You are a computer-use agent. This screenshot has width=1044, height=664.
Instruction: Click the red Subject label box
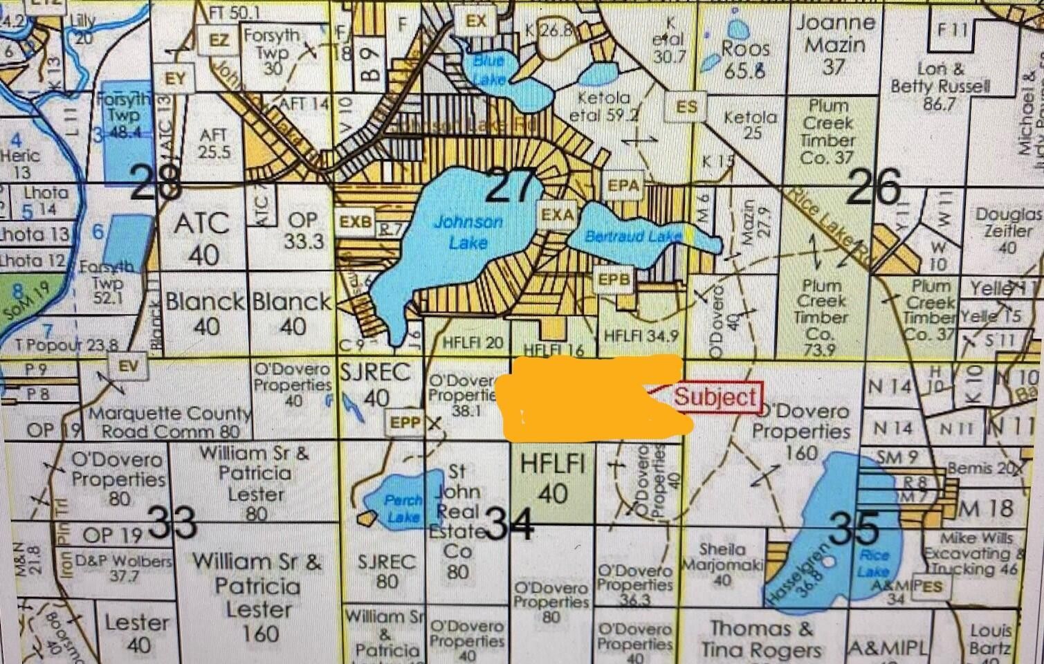(x=715, y=397)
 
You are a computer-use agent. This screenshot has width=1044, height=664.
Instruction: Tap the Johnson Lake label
(x=468, y=232)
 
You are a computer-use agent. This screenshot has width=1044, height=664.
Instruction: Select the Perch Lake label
(x=403, y=508)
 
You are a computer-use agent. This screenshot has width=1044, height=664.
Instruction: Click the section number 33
(x=173, y=522)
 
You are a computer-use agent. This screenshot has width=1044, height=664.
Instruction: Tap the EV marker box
(x=128, y=366)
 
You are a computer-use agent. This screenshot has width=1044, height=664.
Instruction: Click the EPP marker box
(x=405, y=421)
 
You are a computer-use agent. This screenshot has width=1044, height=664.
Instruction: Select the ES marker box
(x=686, y=107)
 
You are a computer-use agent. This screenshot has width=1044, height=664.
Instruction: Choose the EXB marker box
(x=355, y=222)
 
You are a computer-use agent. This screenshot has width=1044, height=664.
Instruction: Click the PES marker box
(x=931, y=586)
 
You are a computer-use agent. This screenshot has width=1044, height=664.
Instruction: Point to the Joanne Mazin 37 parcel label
(x=835, y=44)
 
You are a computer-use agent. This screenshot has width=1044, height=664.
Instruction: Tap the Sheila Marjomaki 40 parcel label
(x=722, y=564)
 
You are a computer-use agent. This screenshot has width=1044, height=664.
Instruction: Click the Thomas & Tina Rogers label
(x=761, y=639)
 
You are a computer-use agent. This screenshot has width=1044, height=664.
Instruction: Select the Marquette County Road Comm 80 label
(x=170, y=423)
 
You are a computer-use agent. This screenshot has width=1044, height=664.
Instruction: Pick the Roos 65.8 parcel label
(x=745, y=58)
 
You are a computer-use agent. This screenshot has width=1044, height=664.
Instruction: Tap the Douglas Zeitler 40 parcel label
(x=1007, y=230)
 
